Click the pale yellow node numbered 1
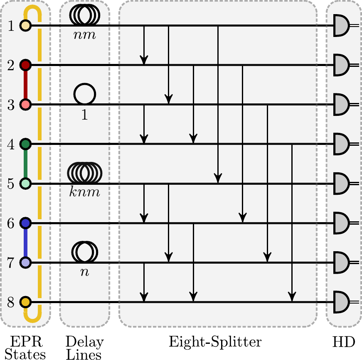pos(26,25)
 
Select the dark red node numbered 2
pos(26,65)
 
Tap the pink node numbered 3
pos(26,104)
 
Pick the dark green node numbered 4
pos(26,144)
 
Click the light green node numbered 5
pos(26,183)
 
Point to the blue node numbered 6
pos(26,223)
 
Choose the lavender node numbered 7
pos(26,262)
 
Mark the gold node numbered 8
pos(26,302)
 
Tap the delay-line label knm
pos(85,193)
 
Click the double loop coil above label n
pos(85,252)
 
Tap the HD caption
pos(344,342)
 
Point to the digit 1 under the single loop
pos(85,115)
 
